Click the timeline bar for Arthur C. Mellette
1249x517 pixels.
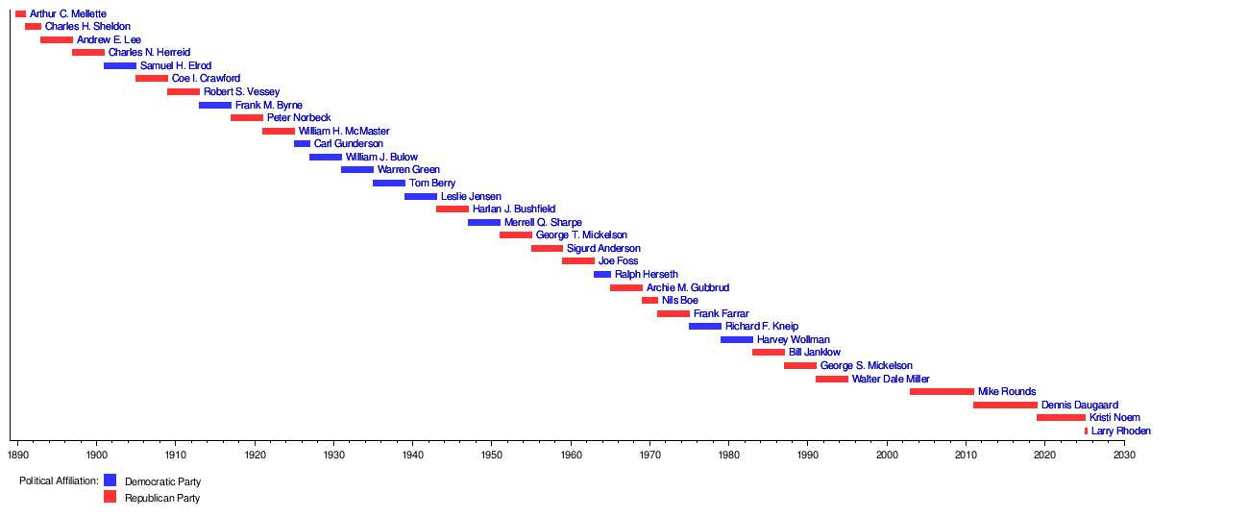coord(20,13)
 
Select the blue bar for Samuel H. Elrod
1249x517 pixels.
coord(120,65)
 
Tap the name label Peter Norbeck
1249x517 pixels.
coord(299,117)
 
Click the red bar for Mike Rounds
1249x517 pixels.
coord(942,391)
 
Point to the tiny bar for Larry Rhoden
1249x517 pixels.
coord(1086,431)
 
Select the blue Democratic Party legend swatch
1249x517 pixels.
coord(110,480)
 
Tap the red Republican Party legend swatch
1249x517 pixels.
coord(110,497)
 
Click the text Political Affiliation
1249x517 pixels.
coord(59,480)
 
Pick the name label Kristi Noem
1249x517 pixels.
coord(1114,418)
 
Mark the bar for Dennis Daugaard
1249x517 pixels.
coord(1005,405)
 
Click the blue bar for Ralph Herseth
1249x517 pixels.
coord(602,274)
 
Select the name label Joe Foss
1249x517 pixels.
coord(618,261)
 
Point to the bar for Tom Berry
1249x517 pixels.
coord(389,183)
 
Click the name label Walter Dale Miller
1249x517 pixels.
coord(891,379)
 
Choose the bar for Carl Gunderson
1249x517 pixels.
coord(302,143)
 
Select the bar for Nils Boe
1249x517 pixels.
coord(649,300)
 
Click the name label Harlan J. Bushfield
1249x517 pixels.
coord(514,209)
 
